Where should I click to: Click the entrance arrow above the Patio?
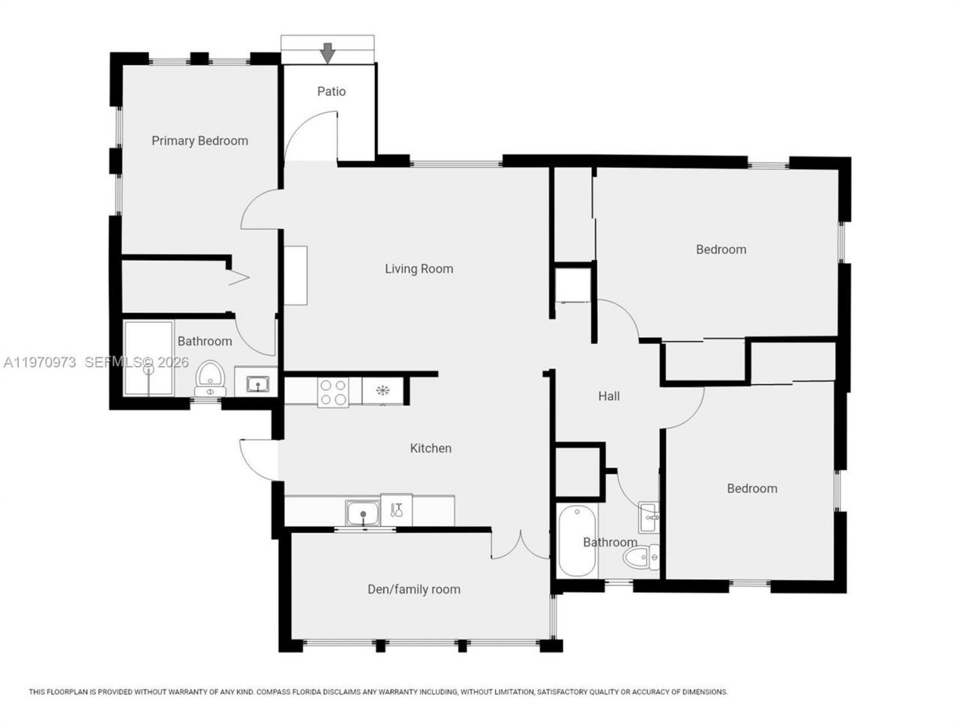(327, 53)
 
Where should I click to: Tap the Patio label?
(331, 92)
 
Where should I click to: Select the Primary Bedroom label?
(199, 141)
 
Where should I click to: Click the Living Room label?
(418, 269)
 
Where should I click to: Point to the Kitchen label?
(430, 448)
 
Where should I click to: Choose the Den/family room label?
(413, 589)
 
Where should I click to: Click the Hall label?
(608, 396)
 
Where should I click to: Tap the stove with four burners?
(333, 391)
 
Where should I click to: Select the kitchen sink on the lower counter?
(363, 514)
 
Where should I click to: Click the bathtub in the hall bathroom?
(575, 541)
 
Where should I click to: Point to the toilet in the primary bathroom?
(209, 378)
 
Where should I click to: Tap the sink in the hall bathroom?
(649, 516)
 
